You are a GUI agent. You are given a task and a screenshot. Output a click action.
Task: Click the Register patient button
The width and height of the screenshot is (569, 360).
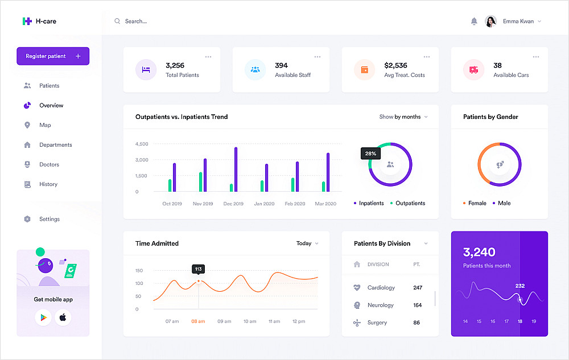53,56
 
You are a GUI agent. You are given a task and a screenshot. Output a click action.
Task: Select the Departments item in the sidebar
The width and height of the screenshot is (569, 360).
55,145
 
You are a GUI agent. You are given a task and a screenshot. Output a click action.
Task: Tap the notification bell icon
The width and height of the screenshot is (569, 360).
474,22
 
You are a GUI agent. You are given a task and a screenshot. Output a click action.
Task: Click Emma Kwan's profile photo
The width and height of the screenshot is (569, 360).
490,22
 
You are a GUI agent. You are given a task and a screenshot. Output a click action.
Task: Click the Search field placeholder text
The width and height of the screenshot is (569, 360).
136,22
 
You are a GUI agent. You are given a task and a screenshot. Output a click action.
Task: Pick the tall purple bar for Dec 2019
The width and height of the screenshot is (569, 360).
236,169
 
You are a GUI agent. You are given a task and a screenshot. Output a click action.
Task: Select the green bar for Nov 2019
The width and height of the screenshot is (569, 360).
200,182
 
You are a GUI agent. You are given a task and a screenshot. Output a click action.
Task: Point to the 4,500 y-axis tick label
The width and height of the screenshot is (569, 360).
142,144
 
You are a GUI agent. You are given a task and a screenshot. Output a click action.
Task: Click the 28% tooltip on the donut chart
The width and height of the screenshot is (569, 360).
370,154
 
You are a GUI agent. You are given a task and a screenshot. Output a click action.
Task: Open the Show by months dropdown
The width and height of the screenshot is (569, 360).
403,117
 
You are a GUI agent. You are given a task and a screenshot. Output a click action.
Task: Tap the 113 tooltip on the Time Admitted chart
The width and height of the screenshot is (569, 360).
198,269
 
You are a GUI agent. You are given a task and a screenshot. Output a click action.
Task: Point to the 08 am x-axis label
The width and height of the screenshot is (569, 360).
198,321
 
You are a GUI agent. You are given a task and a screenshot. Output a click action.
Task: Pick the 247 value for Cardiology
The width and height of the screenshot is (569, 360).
418,288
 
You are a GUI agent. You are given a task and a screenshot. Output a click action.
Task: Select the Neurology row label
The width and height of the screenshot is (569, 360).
380,305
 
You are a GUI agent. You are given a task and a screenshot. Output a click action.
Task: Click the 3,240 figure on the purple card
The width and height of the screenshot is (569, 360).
479,252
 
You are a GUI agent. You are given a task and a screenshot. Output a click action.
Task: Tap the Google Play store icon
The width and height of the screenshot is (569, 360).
43,317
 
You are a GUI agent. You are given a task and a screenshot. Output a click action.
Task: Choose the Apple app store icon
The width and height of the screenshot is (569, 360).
63,317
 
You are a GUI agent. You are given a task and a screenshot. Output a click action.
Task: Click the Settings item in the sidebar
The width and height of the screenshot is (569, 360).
49,219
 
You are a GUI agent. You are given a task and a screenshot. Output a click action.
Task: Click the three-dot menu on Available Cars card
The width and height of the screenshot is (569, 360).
536,57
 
